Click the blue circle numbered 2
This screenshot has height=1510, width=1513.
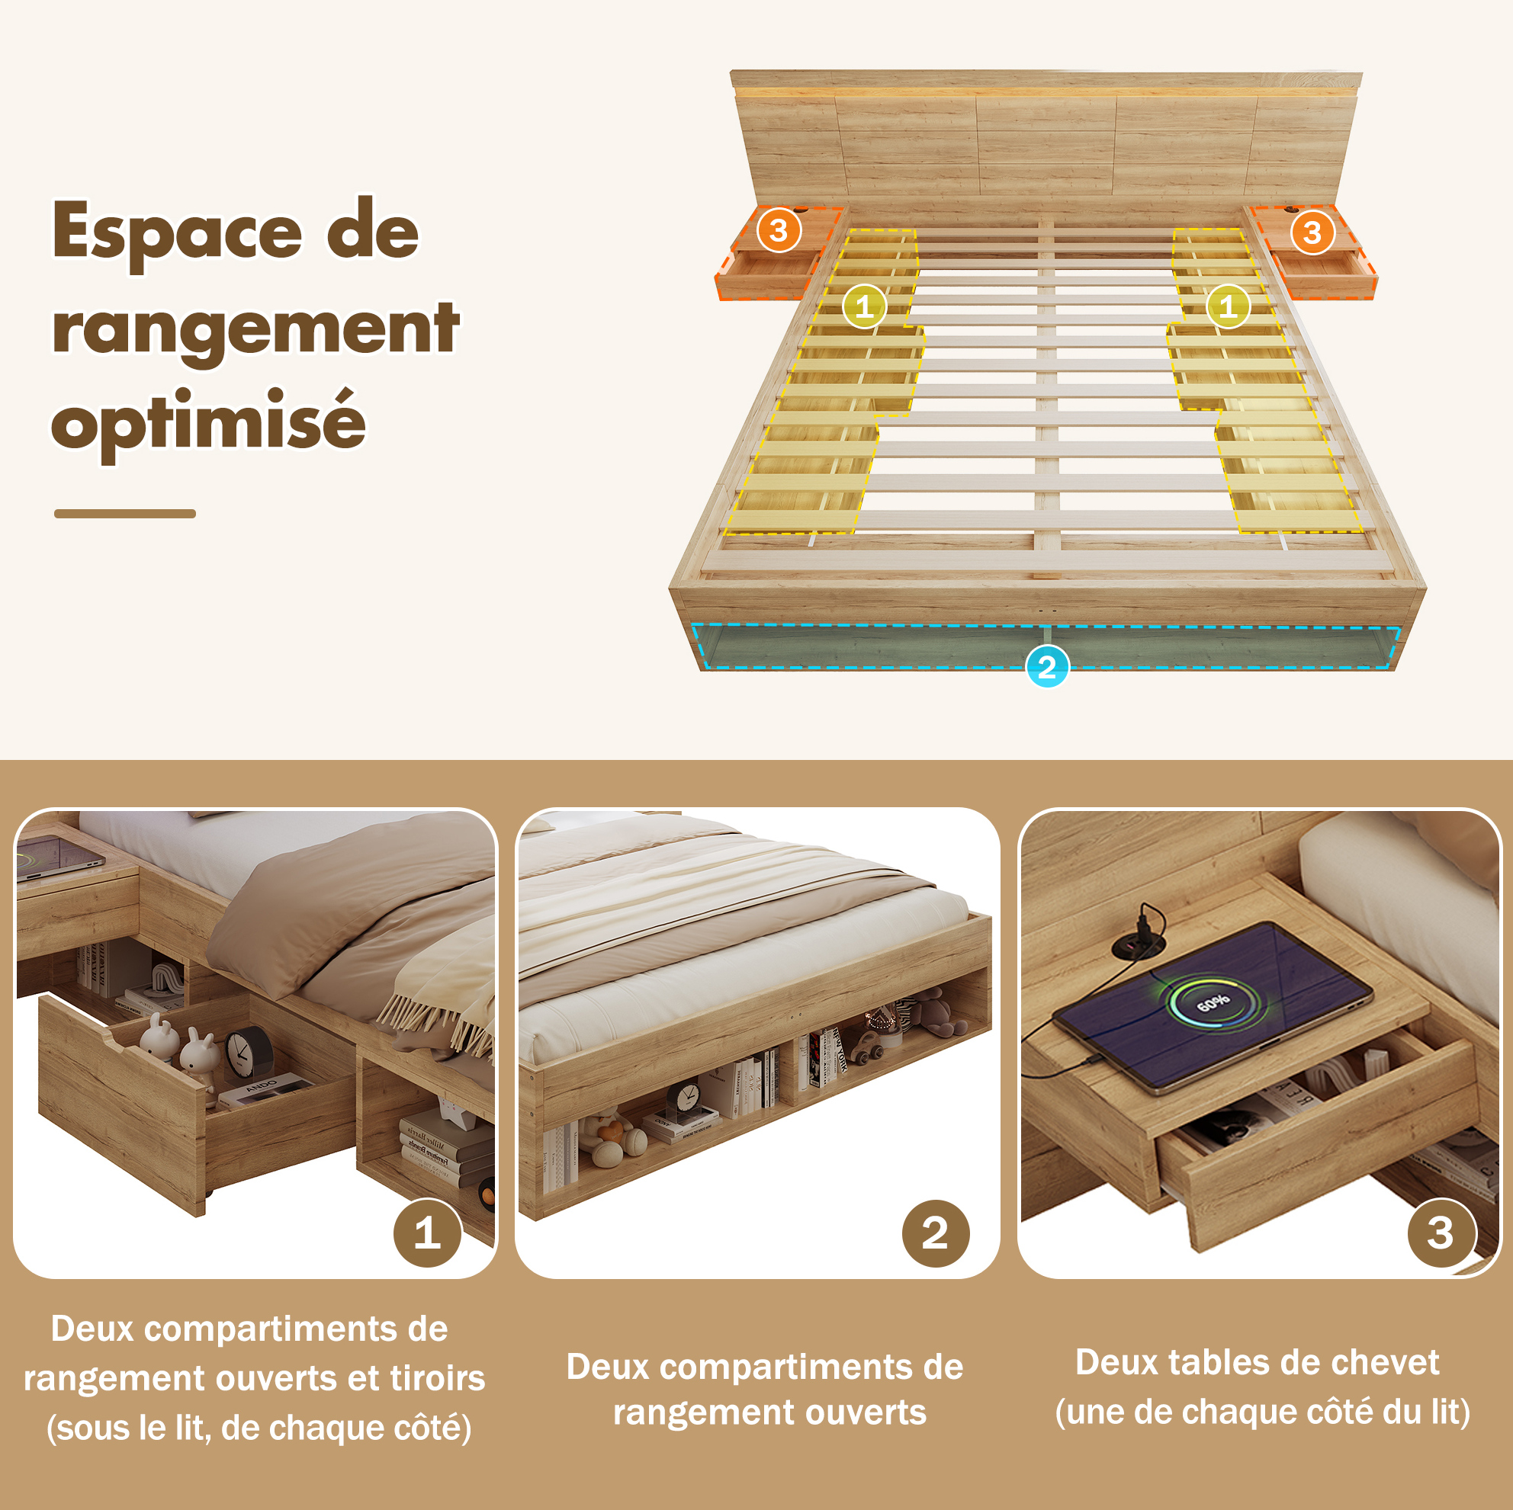click(1046, 666)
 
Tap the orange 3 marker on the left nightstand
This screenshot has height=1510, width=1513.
click(779, 230)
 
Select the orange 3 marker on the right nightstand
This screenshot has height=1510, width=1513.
click(1312, 232)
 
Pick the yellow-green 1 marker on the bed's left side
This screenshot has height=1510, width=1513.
click(864, 306)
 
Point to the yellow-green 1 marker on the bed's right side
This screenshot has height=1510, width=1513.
click(1228, 306)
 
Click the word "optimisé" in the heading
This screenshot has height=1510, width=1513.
click(208, 422)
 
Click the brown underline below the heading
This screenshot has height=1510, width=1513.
click(125, 514)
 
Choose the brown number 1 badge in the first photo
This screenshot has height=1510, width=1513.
click(427, 1233)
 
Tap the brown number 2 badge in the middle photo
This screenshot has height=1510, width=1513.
click(935, 1233)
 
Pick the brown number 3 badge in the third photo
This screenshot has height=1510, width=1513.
click(1441, 1233)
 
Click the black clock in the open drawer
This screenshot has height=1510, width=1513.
click(249, 1053)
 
